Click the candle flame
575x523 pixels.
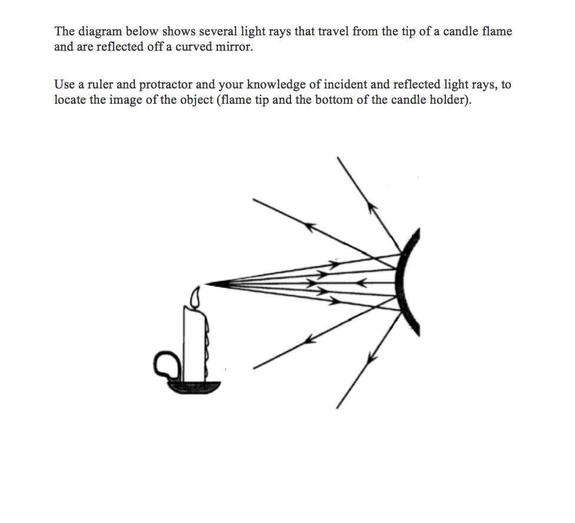click(196, 296)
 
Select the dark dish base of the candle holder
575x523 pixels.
click(194, 387)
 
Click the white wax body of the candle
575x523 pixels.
click(194, 342)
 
